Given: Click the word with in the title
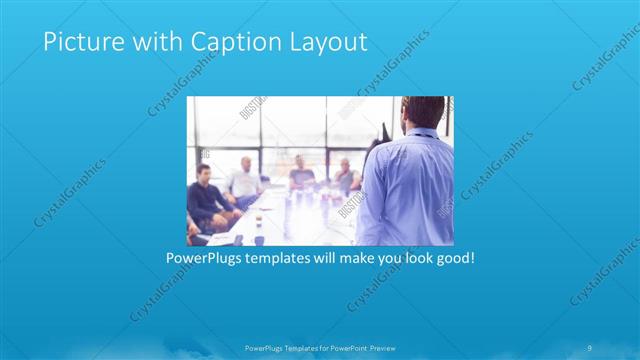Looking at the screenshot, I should click(x=146, y=42).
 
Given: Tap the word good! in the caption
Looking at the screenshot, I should click(x=451, y=258).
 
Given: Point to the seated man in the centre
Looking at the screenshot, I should click(x=301, y=176).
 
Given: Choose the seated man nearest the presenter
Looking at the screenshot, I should click(x=346, y=177).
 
